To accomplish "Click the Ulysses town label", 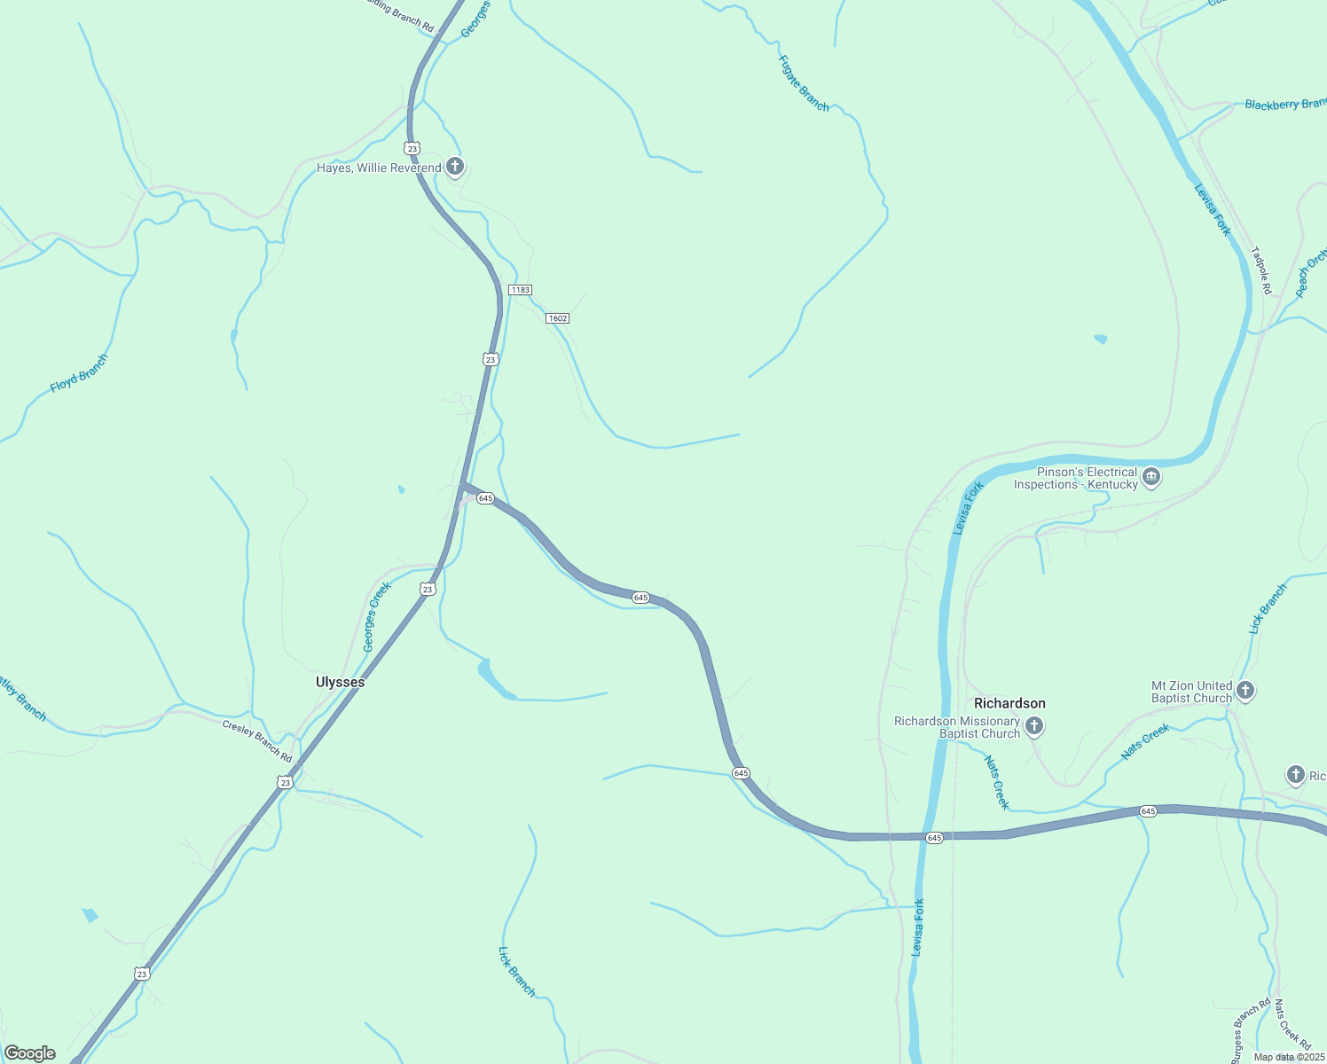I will tap(340, 682).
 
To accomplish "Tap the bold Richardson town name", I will tap(1009, 703).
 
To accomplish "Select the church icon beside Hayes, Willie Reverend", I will tap(454, 167).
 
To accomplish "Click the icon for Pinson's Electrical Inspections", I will tap(1151, 478).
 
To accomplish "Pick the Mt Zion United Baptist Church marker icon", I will tap(1245, 691).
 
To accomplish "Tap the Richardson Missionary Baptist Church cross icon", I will tap(1033, 727).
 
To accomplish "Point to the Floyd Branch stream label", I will tap(79, 373).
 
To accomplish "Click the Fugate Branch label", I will tap(804, 83).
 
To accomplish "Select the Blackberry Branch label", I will tap(1284, 105).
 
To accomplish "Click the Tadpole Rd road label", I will tap(1261, 270).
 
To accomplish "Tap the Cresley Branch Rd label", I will tap(257, 741).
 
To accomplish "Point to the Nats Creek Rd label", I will tap(1292, 1025).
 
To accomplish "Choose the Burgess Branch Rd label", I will tap(1252, 1032).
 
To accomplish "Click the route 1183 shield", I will tap(520, 290).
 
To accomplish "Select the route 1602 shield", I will tap(557, 318).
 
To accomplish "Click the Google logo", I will tap(29, 1053).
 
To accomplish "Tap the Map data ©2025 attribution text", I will tap(1289, 1057).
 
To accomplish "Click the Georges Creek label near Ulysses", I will tap(377, 616).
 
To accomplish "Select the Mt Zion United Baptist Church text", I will tap(1191, 692).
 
